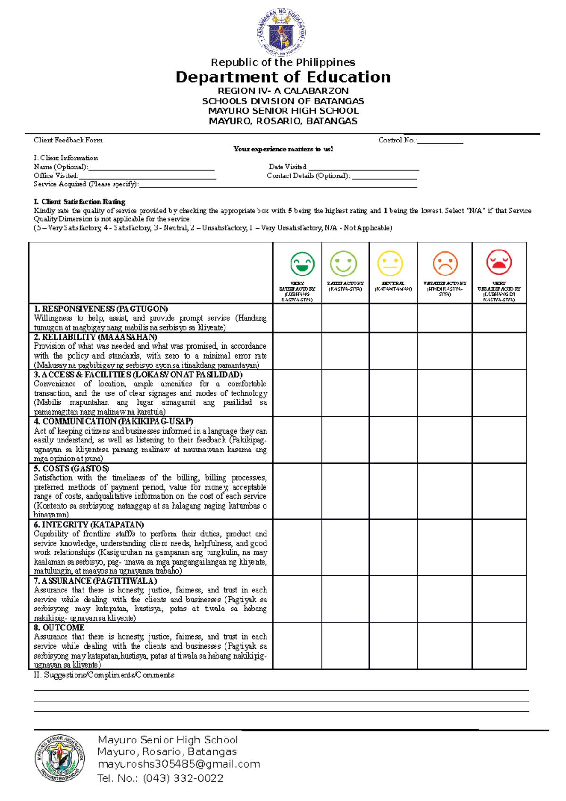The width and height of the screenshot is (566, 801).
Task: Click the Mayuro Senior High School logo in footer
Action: pos(60,759)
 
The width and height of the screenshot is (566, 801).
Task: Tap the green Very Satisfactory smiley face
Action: pos(302,264)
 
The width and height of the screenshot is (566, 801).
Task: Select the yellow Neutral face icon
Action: pos(390,263)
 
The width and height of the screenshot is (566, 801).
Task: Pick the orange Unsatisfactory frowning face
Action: pos(445,263)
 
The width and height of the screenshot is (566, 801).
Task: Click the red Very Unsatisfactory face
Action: pos(499,262)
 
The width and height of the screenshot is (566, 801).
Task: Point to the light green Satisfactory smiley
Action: pos(343,263)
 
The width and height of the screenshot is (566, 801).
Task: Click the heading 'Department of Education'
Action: pos(283,77)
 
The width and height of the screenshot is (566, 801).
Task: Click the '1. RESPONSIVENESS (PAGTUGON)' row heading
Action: pos(101,309)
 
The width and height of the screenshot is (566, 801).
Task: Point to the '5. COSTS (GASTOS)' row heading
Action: pos(71,468)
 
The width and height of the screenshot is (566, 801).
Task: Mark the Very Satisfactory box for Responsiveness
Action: pos(297,318)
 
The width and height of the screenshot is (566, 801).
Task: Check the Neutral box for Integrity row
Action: pos(393,547)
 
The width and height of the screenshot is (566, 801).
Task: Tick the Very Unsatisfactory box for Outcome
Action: pos(499,646)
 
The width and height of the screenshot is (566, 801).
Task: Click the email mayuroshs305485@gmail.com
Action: pos(179,764)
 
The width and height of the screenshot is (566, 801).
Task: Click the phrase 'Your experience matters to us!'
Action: pos(283,149)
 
